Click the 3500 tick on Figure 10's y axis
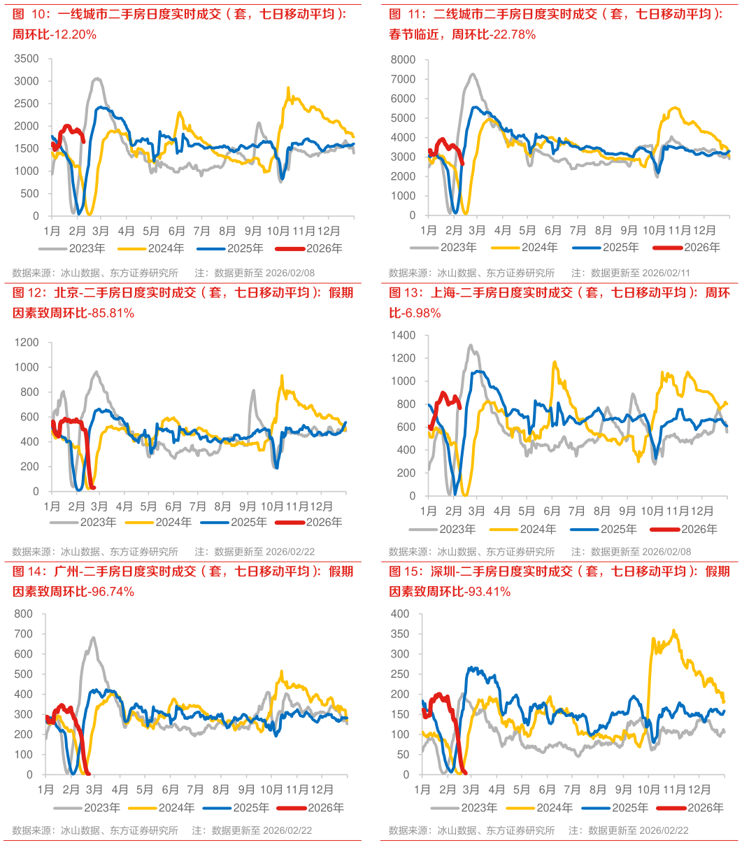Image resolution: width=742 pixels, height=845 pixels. click(x=27, y=59)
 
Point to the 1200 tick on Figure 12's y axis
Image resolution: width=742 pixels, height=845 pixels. click(x=29, y=342)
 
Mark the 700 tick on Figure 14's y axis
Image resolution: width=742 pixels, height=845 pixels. click(x=24, y=634)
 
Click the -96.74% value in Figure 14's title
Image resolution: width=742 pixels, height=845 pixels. click(x=109, y=592)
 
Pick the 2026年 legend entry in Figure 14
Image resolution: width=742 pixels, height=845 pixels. click(x=326, y=807)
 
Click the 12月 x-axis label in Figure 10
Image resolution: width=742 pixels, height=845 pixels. click(x=329, y=230)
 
